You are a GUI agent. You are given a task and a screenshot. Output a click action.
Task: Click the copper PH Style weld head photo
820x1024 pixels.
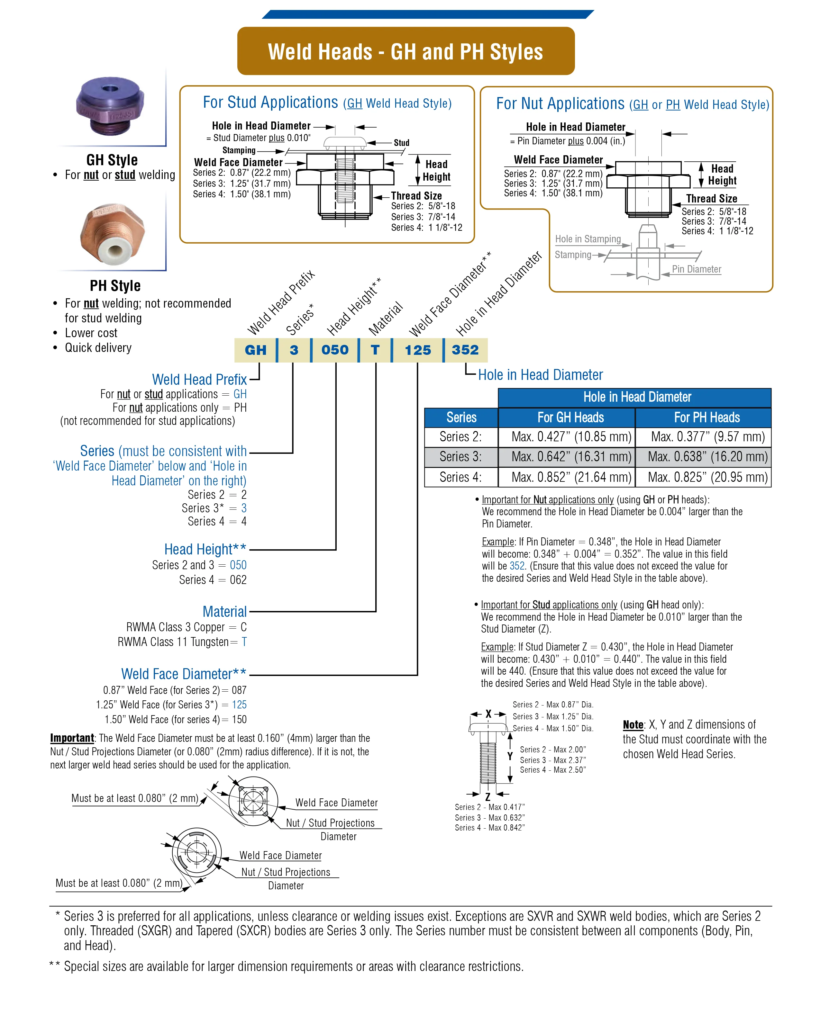pyautogui.click(x=112, y=233)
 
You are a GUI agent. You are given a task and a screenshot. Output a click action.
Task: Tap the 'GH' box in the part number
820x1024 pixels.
pyautogui.click(x=256, y=350)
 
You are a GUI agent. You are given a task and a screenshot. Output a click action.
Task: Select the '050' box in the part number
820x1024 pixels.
pyautogui.click(x=335, y=350)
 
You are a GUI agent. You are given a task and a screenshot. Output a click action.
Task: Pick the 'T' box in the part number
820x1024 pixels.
pyautogui.click(x=375, y=350)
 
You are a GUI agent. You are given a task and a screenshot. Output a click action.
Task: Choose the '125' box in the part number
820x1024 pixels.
pyautogui.click(x=418, y=350)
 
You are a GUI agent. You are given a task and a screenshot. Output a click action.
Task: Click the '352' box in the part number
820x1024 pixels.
pyautogui.click(x=465, y=350)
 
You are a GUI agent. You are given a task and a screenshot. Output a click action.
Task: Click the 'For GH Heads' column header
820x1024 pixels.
pyautogui.click(x=570, y=418)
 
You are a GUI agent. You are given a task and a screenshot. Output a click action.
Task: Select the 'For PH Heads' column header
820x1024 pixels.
pyautogui.click(x=706, y=418)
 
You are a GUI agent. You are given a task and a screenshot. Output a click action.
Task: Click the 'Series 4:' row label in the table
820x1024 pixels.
pyautogui.click(x=460, y=477)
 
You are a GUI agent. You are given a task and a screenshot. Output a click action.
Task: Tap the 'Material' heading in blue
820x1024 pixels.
pyautogui.click(x=225, y=611)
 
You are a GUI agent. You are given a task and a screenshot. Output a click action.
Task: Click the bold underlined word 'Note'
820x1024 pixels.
pyautogui.click(x=633, y=725)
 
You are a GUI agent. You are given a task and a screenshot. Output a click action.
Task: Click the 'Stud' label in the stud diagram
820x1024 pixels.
pyautogui.click(x=401, y=143)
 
